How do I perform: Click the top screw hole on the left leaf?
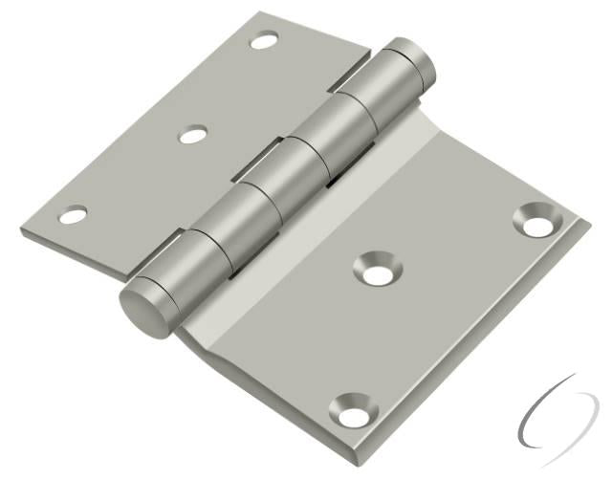pos(265,40)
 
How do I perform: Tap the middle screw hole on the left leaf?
pos(194,134)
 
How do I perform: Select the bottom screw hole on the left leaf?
pos(73,215)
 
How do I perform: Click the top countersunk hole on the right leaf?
pos(537,222)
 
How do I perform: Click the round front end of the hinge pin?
pos(143,307)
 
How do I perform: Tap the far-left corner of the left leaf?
pos(20,229)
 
